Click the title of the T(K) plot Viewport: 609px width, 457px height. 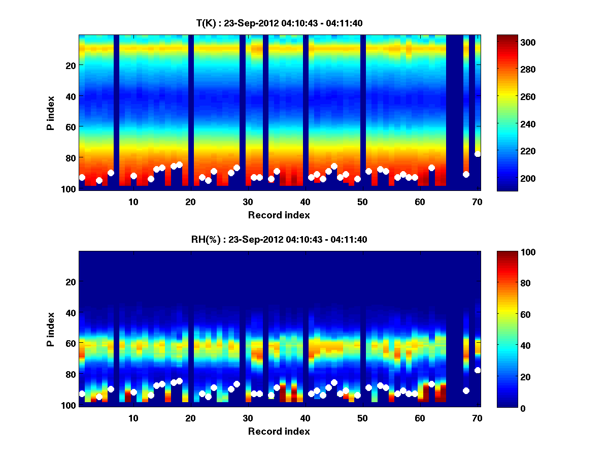279,23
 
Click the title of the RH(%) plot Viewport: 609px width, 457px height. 279,239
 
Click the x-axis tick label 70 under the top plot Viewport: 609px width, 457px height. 477,202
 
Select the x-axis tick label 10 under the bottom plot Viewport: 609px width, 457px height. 133,418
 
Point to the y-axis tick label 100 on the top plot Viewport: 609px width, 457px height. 70,189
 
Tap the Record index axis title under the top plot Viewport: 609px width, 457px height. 279,215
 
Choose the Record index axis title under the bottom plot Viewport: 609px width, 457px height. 279,431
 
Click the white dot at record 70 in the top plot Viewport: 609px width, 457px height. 478,154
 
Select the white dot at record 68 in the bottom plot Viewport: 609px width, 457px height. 466,390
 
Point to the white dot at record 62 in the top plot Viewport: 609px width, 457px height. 431,168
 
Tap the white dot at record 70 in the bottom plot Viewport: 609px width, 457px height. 478,370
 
